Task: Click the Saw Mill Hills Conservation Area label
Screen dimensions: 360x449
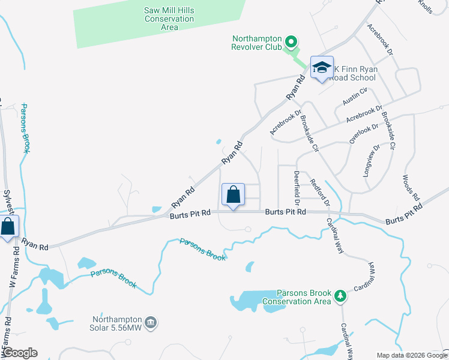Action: [x=169, y=19]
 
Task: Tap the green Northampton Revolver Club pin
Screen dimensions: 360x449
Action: [x=291, y=42]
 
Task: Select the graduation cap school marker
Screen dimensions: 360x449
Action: [x=322, y=68]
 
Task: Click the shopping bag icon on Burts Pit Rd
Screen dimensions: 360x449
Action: [x=233, y=194]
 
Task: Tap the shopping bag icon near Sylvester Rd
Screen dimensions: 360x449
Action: [x=8, y=227]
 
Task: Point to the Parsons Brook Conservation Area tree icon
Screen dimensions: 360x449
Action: [x=340, y=296]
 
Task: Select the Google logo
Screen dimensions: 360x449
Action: [x=20, y=353]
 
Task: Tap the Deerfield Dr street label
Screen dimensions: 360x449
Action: [x=296, y=186]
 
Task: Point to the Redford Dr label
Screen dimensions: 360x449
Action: [x=320, y=193]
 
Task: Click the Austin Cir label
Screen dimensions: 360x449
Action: [x=355, y=97]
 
